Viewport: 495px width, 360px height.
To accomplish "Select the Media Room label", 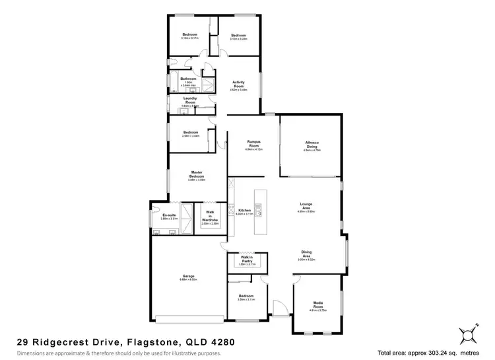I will tap(317, 305).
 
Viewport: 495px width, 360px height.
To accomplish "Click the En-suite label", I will tap(168, 214).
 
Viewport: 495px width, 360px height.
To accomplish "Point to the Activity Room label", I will tap(238, 84).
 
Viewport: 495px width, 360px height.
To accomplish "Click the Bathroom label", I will tap(189, 79).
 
